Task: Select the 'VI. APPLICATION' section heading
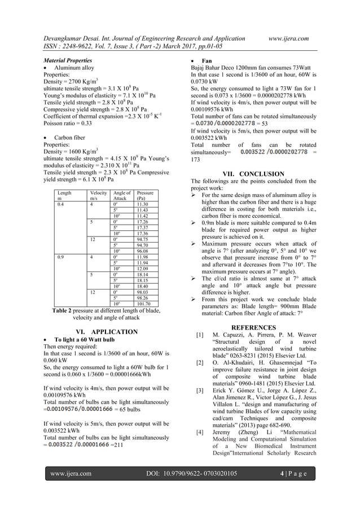102,331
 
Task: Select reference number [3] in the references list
199,390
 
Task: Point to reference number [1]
199,335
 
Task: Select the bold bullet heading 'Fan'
207,59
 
